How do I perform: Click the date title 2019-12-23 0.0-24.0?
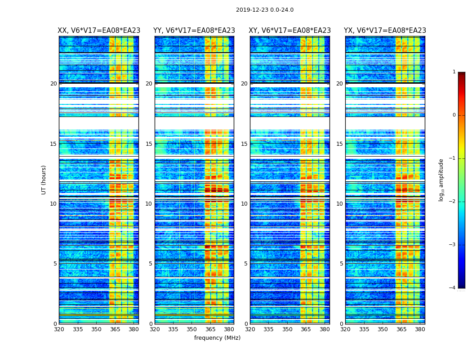tap(264, 10)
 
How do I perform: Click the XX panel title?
tap(99, 31)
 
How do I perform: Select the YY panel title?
tap(194, 31)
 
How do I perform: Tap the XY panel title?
tap(290, 31)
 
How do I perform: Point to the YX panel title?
tap(385, 31)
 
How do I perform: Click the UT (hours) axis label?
tap(44, 180)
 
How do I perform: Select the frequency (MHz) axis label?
tap(217, 338)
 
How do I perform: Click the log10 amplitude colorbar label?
tap(441, 180)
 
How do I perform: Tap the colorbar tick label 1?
tap(454, 72)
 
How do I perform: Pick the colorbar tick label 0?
tap(454, 115)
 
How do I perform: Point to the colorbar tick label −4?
tap(453, 288)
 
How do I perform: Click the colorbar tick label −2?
tap(453, 202)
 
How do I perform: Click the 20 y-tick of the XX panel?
tap(53, 84)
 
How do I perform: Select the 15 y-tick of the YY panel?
tap(149, 144)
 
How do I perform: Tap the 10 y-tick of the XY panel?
tap(244, 204)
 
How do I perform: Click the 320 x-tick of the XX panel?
tap(59, 329)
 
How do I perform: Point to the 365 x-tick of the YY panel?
tap(210, 329)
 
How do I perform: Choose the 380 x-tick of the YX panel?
tap(420, 329)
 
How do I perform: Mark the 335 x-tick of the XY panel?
tap(268, 329)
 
